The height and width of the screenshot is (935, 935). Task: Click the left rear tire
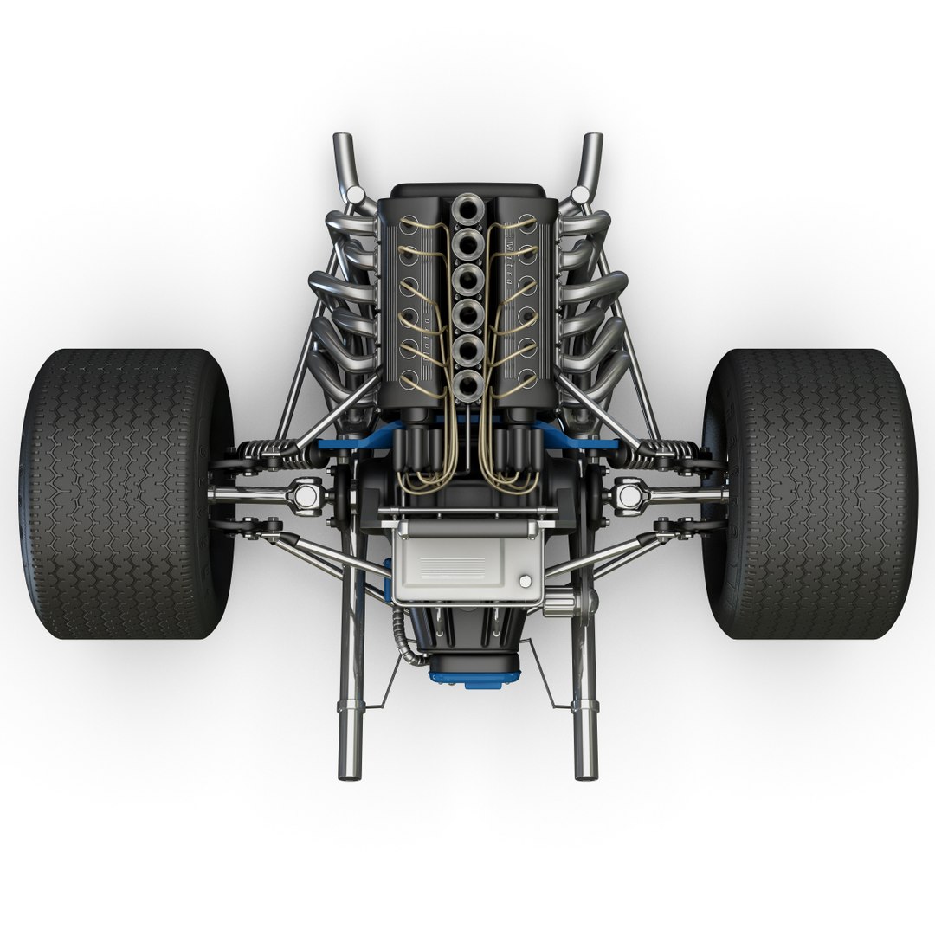point(126,493)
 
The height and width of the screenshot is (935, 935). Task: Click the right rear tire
point(809,493)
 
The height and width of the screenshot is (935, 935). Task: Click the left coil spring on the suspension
point(265,451)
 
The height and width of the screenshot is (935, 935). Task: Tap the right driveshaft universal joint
point(628,495)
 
